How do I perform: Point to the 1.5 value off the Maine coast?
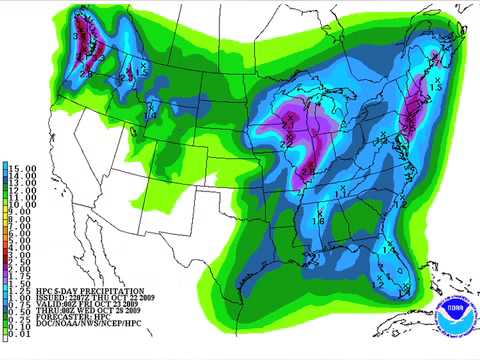coord(437,88)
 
